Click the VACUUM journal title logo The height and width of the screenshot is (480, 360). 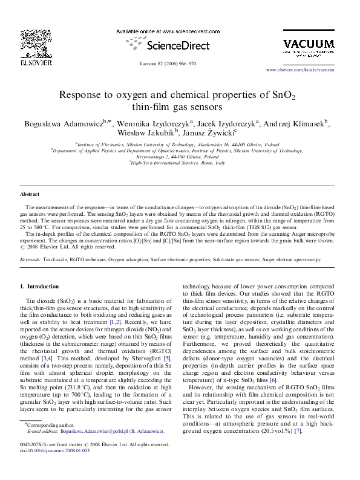click(x=309, y=44)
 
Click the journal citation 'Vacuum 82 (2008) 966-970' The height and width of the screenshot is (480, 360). click(x=180, y=62)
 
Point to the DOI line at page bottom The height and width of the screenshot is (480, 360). click(x=50, y=466)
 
